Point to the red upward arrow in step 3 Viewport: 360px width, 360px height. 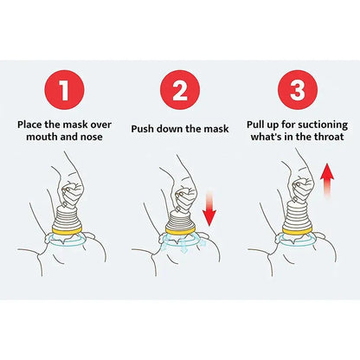click(x=326, y=185)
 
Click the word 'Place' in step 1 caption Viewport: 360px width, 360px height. click(x=33, y=124)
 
